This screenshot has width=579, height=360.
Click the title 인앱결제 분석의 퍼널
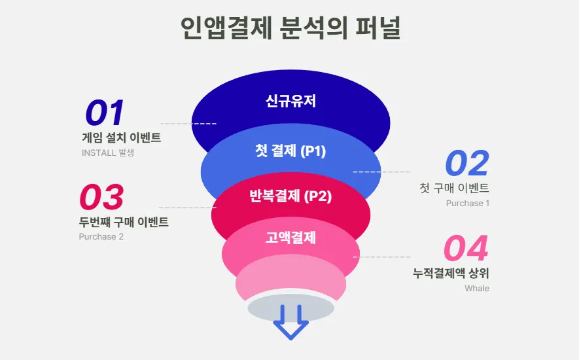pyautogui.click(x=290, y=27)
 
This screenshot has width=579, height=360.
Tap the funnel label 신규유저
pyautogui.click(x=290, y=101)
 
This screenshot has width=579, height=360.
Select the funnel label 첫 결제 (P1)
pyautogui.click(x=290, y=151)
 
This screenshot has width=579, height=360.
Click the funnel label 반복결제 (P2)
pyautogui.click(x=290, y=196)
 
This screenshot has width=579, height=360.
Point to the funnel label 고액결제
pyautogui.click(x=290, y=238)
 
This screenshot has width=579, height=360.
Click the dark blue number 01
pyautogui.click(x=105, y=113)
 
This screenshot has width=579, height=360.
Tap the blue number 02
pyautogui.click(x=467, y=163)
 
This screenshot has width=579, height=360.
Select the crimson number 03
pyautogui.click(x=101, y=196)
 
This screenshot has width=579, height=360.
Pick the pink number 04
pyautogui.click(x=466, y=247)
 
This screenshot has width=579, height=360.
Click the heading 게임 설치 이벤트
pyautogui.click(x=122, y=138)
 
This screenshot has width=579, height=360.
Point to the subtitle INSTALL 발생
pyautogui.click(x=108, y=153)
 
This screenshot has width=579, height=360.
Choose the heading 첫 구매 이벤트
pyautogui.click(x=454, y=188)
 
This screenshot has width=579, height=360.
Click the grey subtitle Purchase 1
pyautogui.click(x=468, y=204)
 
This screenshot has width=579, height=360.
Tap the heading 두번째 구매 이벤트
pyautogui.click(x=124, y=222)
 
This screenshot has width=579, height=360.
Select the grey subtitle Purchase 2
pyautogui.click(x=101, y=236)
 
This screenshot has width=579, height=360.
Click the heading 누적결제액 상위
pyautogui.click(x=451, y=274)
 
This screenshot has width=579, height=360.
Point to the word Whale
pyautogui.click(x=477, y=288)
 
